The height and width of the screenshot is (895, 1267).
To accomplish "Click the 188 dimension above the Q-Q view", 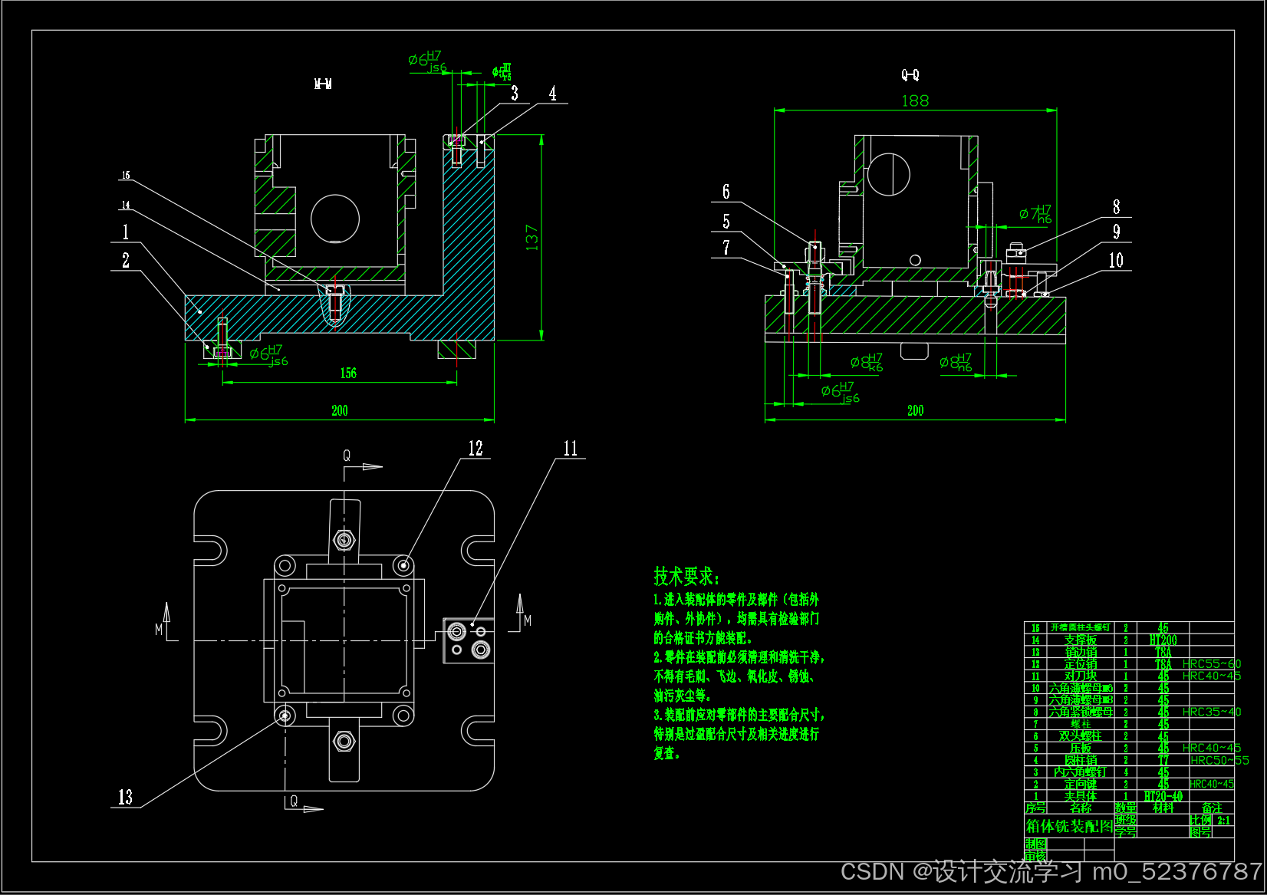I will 915,101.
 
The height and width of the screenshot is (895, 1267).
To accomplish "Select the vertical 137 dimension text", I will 532,237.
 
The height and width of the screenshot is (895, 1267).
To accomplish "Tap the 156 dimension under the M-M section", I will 348,373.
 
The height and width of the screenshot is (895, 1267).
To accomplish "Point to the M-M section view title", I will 323,84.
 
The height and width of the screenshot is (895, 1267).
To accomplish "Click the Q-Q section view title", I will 910,74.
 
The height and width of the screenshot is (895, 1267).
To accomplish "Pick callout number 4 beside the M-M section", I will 552,94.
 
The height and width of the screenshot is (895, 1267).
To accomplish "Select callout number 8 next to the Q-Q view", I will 1116,207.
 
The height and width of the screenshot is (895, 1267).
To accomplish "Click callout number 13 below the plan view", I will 125,798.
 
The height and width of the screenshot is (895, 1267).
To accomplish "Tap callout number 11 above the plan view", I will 571,449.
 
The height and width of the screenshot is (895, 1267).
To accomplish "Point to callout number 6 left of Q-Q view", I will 726,192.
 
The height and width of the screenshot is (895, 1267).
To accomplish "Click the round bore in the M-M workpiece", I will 335,219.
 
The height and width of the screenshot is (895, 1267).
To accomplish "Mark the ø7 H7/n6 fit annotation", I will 1035,214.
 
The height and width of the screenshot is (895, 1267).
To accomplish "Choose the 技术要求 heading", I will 686,576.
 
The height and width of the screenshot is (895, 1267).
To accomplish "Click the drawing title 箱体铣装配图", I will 1069,826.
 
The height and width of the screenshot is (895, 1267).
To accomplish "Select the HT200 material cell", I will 1163,640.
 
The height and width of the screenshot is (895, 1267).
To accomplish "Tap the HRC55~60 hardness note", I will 1211,663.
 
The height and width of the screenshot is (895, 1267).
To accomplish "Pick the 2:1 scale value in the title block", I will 1223,820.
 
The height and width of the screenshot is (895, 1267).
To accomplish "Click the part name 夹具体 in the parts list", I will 1080,796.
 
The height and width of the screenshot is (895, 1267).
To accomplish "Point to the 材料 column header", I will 1163,808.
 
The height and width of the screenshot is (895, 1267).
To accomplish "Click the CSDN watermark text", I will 1051,872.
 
